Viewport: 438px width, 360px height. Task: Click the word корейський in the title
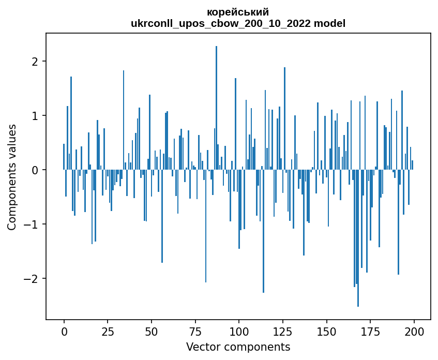[238, 12]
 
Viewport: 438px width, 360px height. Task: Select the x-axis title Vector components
[238, 347]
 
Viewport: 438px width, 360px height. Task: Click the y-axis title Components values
[12, 177]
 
